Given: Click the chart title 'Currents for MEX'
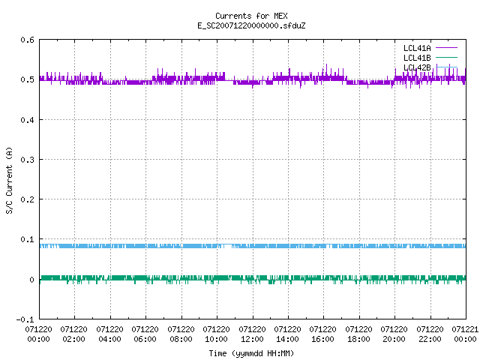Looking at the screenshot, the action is point(251,16).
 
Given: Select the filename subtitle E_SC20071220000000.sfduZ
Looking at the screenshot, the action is point(251,25).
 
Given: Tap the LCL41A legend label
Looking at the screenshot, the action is point(417,48).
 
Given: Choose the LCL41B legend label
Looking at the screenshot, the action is point(417,58).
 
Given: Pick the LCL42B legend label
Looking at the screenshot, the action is point(417,67).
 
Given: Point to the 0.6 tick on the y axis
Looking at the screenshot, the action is point(27,40).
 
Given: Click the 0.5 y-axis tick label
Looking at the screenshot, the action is point(27,79).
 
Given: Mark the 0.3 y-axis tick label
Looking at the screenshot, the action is point(27,160).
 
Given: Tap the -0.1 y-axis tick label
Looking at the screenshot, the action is point(25,319).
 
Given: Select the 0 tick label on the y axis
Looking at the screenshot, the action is point(31,280).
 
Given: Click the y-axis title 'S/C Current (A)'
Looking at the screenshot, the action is point(10,180).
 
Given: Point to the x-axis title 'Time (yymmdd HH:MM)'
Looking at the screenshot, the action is point(251,353).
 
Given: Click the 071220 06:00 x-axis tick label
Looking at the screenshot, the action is point(145,334).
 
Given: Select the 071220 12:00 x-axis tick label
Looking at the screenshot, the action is point(252,334).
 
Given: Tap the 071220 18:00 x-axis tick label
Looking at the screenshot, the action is point(358,334).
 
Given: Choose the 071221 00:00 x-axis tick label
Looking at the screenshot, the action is point(465,334).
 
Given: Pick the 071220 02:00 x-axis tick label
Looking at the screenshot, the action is point(73,334).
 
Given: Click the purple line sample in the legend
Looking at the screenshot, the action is point(447,48).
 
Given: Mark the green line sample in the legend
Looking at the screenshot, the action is point(447,57).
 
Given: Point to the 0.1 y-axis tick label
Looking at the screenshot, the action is point(27,239).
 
